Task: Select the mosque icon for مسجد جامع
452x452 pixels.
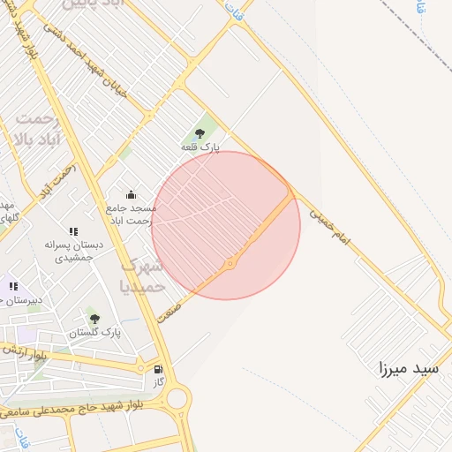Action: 132,195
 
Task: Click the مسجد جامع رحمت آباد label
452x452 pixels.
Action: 132,214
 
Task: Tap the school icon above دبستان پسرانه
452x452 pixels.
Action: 74,232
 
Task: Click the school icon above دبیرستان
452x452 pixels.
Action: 13,285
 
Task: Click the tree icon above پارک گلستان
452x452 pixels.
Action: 94,318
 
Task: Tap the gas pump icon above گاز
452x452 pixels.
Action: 158,369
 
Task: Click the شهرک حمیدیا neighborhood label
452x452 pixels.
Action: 141,275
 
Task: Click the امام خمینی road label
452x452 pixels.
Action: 335,223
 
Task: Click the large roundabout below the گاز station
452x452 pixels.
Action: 178,399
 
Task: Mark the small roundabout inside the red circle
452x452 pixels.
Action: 230,263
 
